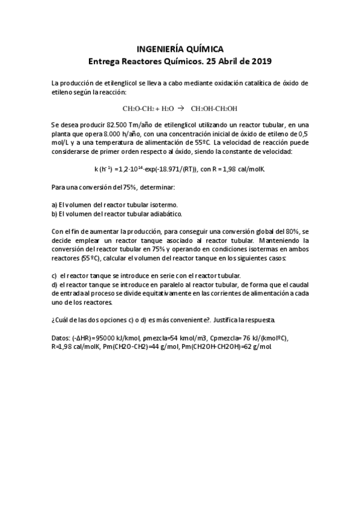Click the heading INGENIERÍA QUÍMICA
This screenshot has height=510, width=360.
click(x=180, y=49)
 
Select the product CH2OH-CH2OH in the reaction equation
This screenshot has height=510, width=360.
click(x=214, y=109)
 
